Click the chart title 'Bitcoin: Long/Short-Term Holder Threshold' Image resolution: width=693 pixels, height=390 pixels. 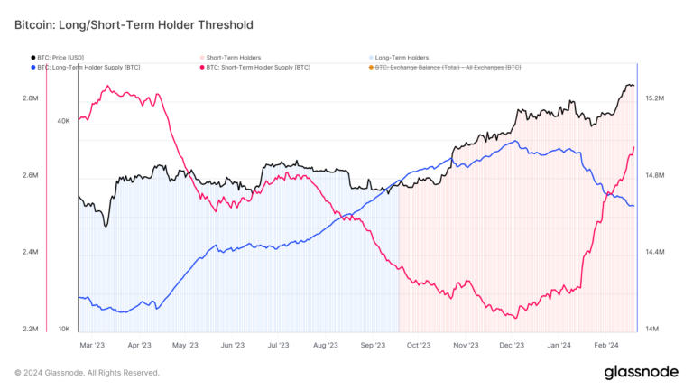coord(134,24)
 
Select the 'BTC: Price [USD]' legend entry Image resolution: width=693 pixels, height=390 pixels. coord(62,58)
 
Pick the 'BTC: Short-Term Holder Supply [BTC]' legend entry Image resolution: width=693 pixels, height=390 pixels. coord(257,68)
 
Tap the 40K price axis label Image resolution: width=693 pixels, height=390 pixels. coord(63,120)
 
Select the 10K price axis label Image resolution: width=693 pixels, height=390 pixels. coord(63,329)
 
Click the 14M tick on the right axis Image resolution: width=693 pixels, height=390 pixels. coord(651,329)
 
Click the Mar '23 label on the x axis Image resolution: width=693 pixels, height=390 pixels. coord(92,345)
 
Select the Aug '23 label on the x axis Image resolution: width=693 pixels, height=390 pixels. coord(325,345)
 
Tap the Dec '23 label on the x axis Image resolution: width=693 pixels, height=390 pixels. coord(513,345)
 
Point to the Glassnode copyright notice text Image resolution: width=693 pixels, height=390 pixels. coord(87,373)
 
